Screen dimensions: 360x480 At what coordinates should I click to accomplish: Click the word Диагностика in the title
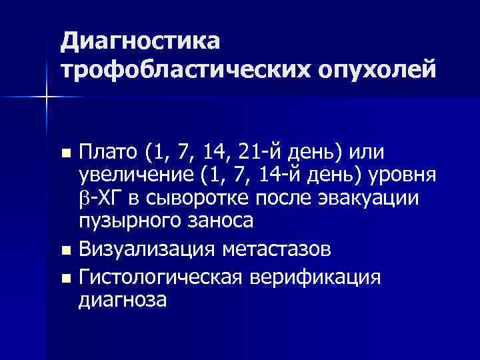(139, 42)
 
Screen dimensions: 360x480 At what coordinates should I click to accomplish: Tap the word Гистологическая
(162, 276)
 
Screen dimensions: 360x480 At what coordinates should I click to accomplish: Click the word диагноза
(123, 299)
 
